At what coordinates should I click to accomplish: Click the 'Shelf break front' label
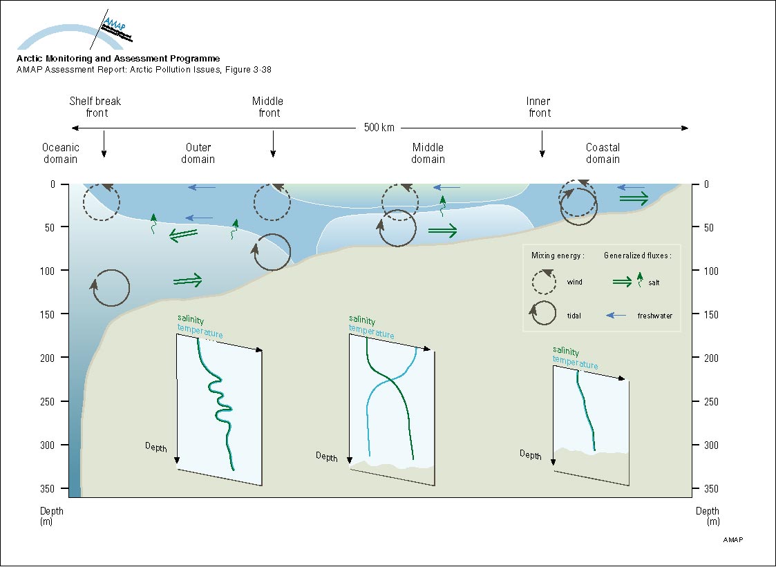click(95, 107)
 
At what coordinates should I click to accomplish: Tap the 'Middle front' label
click(268, 107)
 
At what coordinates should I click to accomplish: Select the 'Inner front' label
click(539, 107)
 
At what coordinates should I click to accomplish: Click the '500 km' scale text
click(378, 128)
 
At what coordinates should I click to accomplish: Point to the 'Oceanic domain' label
click(61, 153)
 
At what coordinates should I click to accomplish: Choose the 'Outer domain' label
click(198, 153)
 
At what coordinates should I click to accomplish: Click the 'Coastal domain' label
click(603, 153)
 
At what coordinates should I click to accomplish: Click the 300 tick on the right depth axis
click(706, 445)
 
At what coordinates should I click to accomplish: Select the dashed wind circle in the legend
click(545, 282)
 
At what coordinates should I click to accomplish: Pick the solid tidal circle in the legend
click(545, 315)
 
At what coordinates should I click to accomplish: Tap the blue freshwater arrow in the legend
click(617, 316)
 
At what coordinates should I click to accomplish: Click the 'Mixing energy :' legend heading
click(558, 256)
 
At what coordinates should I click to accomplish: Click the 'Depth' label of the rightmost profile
click(531, 454)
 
